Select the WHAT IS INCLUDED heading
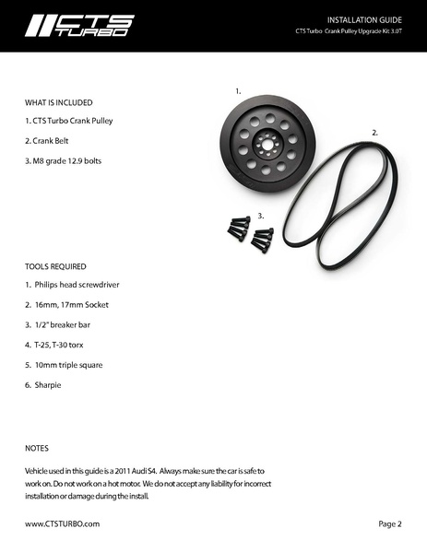pos(59,101)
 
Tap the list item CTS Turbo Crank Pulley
pos(69,122)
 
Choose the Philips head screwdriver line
pos(72,284)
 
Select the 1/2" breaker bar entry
pos(57,324)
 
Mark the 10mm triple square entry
pos(64,365)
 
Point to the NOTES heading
pos(37,449)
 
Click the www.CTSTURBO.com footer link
pos(62,523)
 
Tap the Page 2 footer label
pos(390,523)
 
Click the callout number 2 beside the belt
pos(375,133)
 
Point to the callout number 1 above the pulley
pos(238,92)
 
